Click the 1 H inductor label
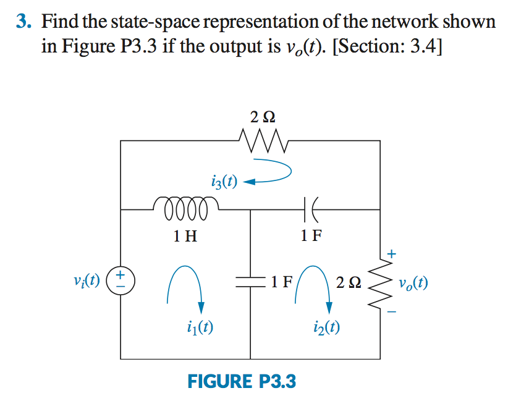pyautogui.click(x=185, y=235)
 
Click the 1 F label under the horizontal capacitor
pyautogui.click(x=311, y=235)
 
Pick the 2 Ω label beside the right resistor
pyautogui.click(x=349, y=284)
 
